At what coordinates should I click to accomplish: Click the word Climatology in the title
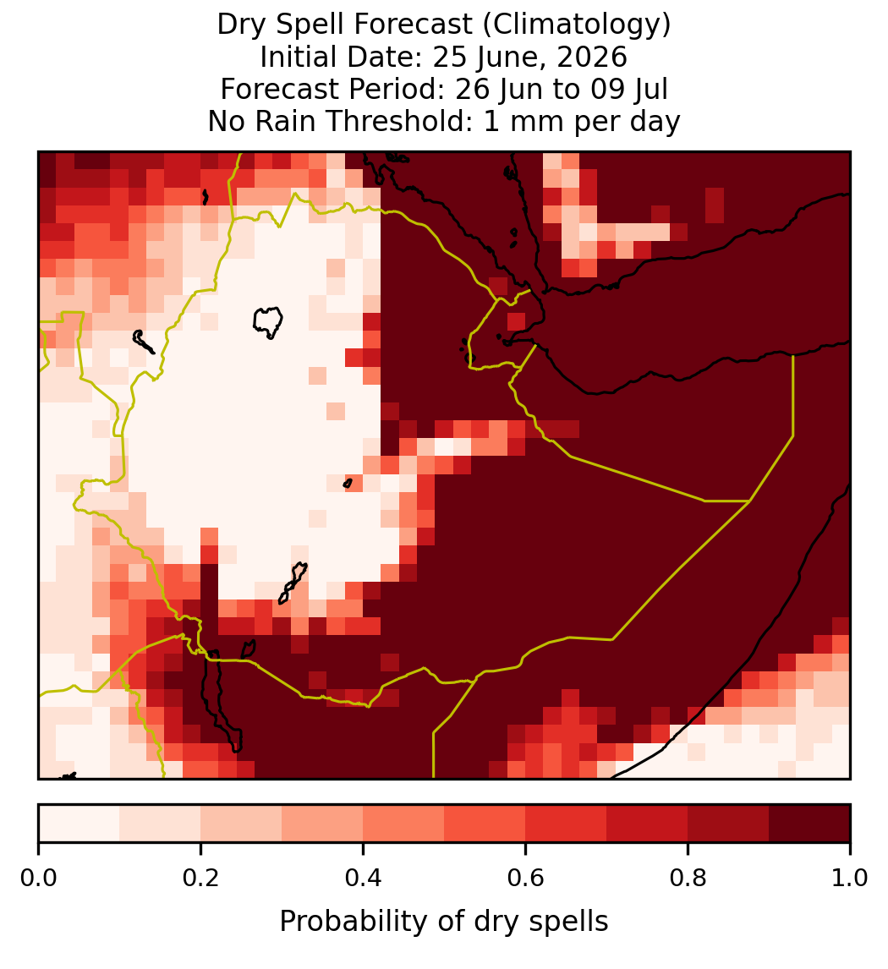[x=573, y=25]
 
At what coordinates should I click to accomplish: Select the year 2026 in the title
[x=591, y=57]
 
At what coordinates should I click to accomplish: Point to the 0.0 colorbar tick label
[x=39, y=878]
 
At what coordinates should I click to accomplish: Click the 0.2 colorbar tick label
[x=200, y=878]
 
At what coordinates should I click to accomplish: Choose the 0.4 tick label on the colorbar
[x=364, y=878]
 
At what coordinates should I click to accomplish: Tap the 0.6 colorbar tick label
[x=526, y=878]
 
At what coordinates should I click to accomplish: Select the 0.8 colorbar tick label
[x=688, y=878]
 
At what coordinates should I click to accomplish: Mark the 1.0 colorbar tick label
[x=850, y=878]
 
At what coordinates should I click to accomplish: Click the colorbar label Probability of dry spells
[x=444, y=922]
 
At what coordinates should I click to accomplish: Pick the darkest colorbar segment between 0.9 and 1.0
[x=809, y=824]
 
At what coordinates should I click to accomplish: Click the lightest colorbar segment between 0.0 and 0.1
[x=79, y=824]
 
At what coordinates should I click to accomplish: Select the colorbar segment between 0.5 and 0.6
[x=485, y=824]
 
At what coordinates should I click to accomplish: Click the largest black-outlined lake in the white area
[x=267, y=322]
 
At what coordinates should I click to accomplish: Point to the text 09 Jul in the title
[x=629, y=89]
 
